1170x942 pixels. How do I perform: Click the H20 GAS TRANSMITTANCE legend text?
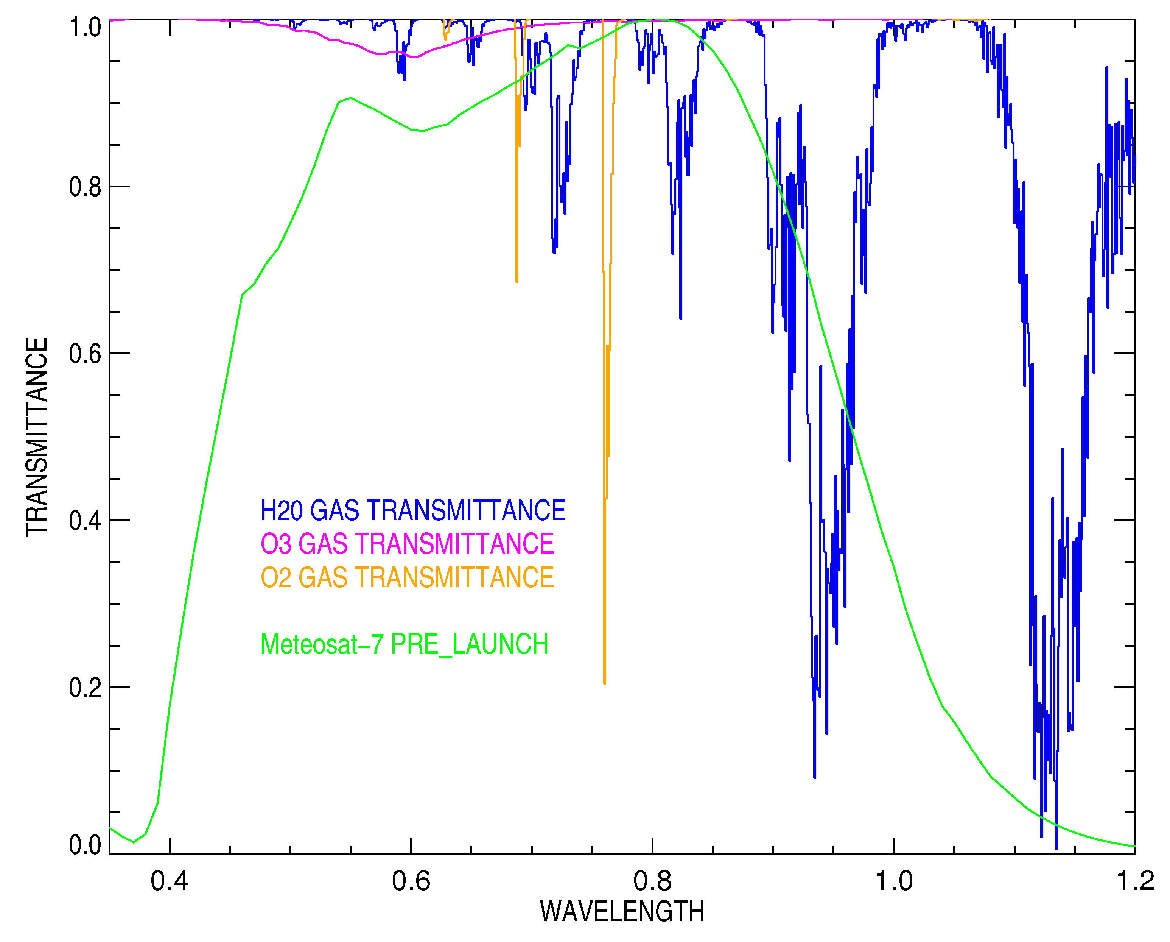click(x=413, y=510)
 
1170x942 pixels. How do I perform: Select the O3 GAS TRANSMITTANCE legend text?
click(x=407, y=544)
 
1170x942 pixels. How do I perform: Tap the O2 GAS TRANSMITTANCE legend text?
click(x=407, y=577)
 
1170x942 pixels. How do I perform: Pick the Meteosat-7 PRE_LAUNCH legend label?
click(x=404, y=644)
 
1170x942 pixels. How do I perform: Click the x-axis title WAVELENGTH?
click(x=622, y=912)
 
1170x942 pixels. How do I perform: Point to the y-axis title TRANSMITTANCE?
click(x=37, y=437)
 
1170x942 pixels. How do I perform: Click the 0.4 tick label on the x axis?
click(x=169, y=881)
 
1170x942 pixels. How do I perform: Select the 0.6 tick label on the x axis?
click(x=411, y=881)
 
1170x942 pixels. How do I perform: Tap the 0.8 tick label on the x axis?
click(x=652, y=881)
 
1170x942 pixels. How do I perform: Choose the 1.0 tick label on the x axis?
click(x=894, y=881)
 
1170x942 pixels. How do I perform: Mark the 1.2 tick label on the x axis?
click(x=1135, y=881)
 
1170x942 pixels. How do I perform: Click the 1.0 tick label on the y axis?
click(x=85, y=27)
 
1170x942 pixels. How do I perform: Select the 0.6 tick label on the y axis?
click(x=85, y=354)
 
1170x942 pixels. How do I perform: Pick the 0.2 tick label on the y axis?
click(x=85, y=688)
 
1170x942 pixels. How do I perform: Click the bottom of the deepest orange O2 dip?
click(x=605, y=683)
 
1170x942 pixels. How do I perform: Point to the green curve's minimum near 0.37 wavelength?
click(x=134, y=842)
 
